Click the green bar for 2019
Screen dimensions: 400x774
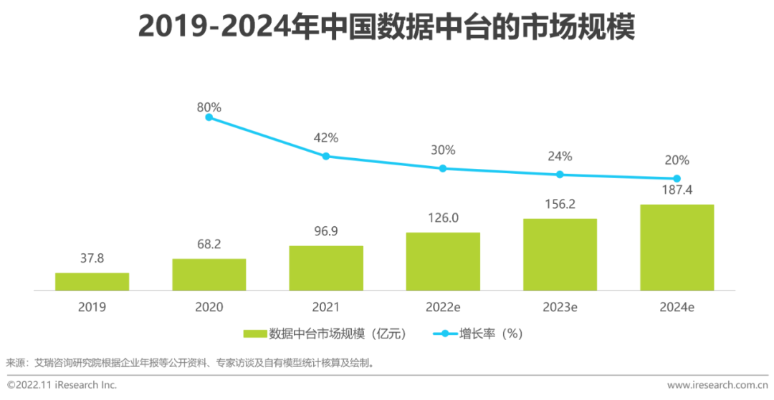click(92, 281)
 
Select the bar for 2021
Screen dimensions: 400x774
click(326, 268)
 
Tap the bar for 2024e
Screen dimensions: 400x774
click(677, 247)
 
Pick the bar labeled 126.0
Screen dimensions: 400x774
click(443, 261)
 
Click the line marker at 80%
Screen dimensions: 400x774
click(209, 117)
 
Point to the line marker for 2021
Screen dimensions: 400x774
click(326, 156)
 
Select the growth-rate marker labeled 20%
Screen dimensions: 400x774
click(677, 178)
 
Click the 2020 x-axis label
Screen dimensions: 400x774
click(209, 307)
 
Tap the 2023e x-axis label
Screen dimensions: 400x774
click(560, 307)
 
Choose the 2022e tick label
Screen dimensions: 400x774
click(443, 307)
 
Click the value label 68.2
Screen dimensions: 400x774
click(209, 244)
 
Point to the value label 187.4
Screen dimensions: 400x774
click(677, 190)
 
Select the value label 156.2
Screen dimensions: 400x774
click(560, 204)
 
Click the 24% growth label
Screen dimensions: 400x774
click(560, 156)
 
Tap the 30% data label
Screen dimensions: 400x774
click(443, 150)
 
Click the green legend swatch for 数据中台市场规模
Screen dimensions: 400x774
click(254, 334)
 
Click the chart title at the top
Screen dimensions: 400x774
click(387, 29)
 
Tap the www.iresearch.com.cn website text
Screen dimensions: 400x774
click(716, 385)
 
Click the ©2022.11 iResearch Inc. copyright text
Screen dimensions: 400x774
click(62, 385)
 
